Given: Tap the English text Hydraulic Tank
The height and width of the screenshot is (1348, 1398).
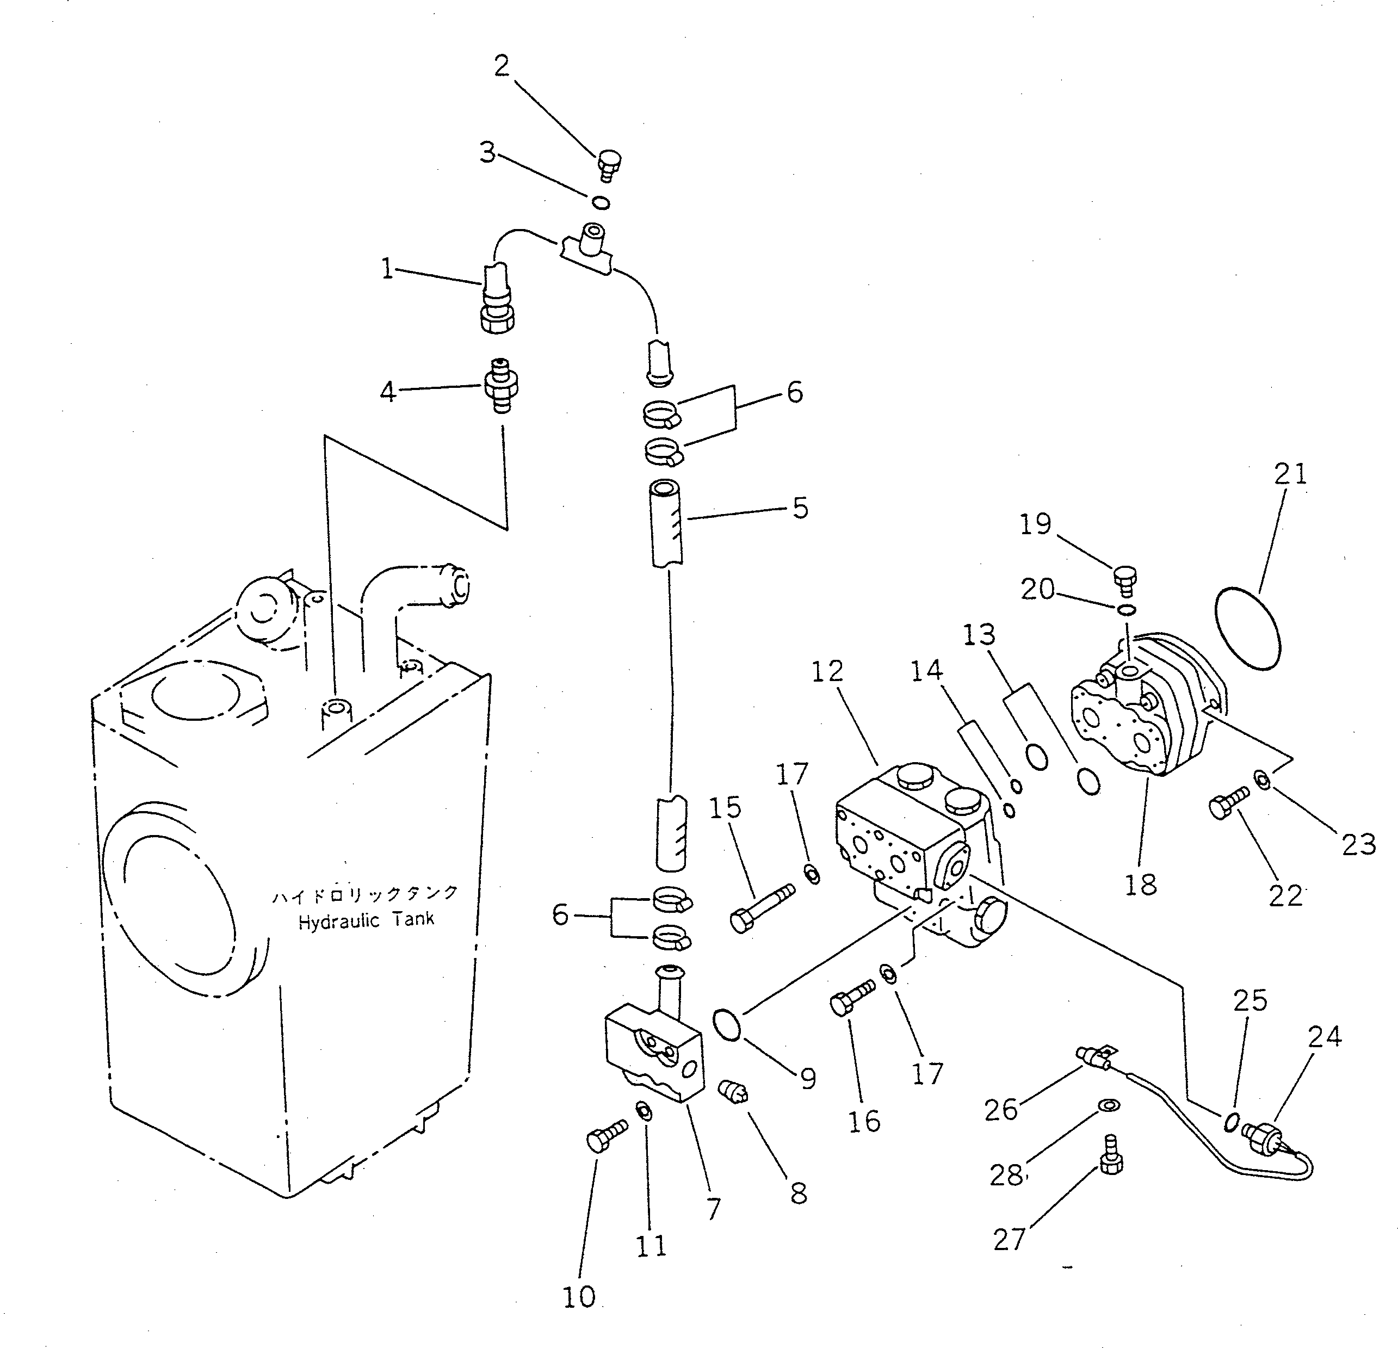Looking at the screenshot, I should [x=365, y=921].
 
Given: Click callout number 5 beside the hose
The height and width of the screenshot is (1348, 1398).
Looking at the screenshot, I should [x=800, y=508].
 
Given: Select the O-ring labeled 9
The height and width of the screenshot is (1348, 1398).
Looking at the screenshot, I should [x=727, y=1025].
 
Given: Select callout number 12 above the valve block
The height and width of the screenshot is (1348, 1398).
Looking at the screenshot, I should [x=827, y=671].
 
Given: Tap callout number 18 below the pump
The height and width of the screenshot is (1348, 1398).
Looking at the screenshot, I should [x=1140, y=885].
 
